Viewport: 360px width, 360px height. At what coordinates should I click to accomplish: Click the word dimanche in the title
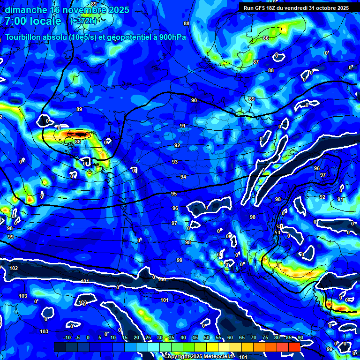(x=26, y=10)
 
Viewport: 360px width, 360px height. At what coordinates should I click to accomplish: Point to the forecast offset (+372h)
(x=83, y=21)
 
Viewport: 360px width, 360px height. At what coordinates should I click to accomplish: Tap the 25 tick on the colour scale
(x=148, y=337)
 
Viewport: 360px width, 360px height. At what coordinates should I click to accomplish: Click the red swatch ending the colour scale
(x=294, y=347)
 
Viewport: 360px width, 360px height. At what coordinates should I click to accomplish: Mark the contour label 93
(x=175, y=162)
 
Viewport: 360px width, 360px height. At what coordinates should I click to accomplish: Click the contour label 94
(x=183, y=177)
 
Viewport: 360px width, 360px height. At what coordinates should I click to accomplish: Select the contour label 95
(x=174, y=194)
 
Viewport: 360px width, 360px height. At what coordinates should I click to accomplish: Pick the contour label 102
(x=14, y=268)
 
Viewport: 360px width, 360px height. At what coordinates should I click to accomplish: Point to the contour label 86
(x=266, y=38)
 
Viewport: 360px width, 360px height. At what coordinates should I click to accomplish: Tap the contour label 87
(x=256, y=62)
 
